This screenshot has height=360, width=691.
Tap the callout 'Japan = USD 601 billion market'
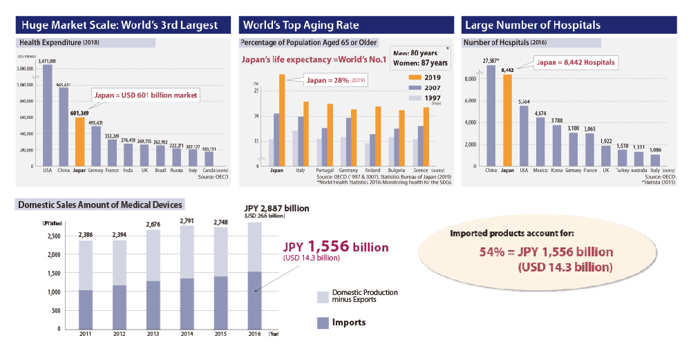[145, 95]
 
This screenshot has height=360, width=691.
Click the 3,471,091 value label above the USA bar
[48, 61]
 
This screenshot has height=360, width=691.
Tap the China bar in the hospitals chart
[490, 115]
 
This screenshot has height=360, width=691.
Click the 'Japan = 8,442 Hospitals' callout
[575, 62]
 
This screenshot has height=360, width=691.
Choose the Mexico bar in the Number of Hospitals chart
[540, 142]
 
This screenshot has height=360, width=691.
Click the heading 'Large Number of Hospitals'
[533, 26]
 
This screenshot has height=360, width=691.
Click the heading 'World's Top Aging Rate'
[301, 26]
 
